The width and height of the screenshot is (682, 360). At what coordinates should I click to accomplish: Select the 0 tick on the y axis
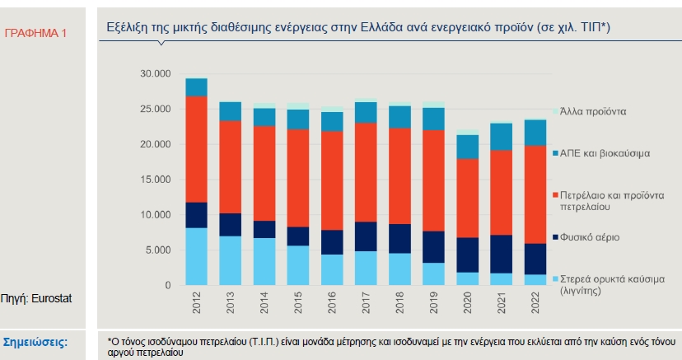coord(167,286)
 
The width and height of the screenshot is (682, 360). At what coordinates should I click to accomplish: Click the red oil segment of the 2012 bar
coord(196,149)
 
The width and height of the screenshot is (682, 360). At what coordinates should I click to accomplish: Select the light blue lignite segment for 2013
coord(231,260)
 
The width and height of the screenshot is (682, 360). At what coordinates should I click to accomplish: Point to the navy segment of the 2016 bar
coord(331,242)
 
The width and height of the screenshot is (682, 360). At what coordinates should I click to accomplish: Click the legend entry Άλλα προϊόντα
coord(593,110)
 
